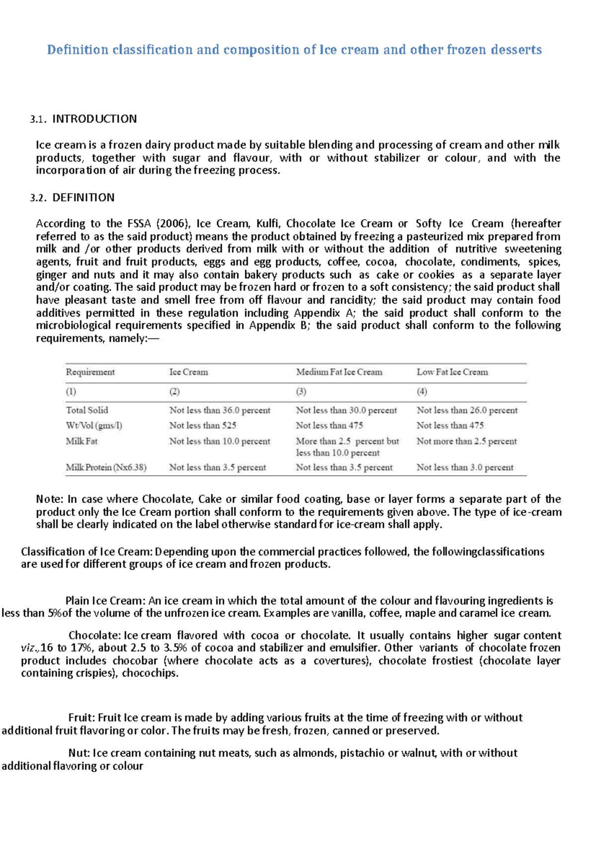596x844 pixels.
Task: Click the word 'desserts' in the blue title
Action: [x=516, y=50]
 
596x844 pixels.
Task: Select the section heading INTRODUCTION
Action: [x=94, y=119]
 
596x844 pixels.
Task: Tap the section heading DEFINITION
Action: [x=83, y=197]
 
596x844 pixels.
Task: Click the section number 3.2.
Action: [x=38, y=198]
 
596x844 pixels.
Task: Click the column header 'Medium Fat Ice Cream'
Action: [x=339, y=372]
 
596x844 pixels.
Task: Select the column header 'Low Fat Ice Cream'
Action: [x=452, y=372]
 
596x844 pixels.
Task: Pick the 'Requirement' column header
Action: [x=90, y=372]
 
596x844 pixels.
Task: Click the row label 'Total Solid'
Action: [x=87, y=410]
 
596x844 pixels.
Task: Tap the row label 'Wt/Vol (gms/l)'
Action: [x=94, y=425]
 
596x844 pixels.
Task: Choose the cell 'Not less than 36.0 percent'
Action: [x=220, y=410]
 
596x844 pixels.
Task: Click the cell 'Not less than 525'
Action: [x=203, y=425]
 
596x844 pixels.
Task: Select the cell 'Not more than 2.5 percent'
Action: [x=466, y=441]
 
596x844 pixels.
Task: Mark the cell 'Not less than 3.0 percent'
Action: [x=465, y=467]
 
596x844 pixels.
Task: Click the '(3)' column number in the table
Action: [x=301, y=391]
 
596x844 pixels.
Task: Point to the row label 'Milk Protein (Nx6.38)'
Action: [x=106, y=467]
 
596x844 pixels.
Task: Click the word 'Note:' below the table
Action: [x=50, y=499]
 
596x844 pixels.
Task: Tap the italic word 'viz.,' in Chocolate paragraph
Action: [x=30, y=648]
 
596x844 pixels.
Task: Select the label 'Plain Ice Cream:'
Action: [x=105, y=600]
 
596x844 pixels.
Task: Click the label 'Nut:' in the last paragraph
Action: [x=79, y=753]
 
